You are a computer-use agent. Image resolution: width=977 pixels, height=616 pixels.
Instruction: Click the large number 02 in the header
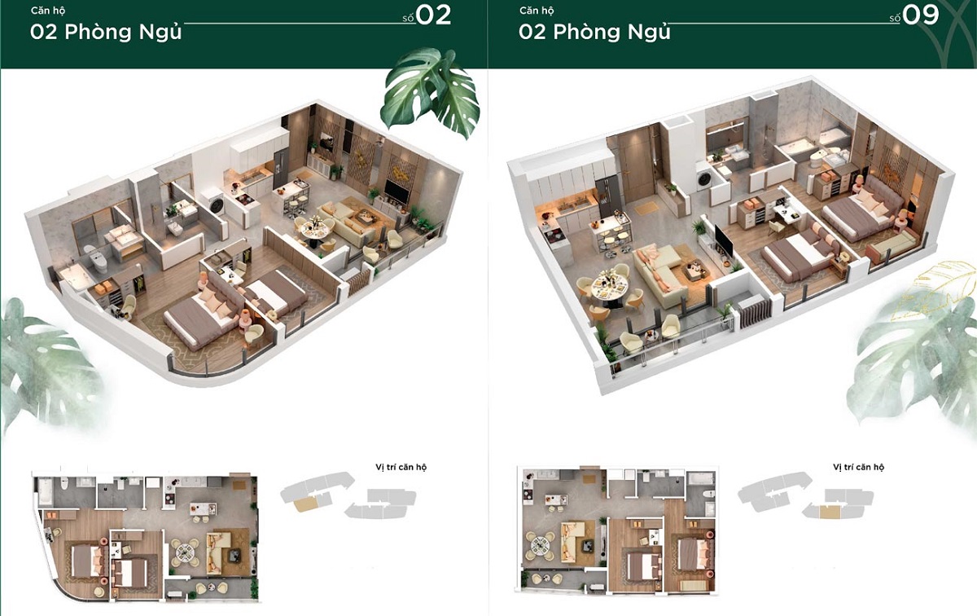433,15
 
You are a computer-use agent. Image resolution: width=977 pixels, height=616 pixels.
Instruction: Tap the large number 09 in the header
921,15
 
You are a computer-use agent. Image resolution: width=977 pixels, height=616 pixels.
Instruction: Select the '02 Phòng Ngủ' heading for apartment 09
594,33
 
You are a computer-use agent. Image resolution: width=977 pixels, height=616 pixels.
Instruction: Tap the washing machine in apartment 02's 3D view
213,200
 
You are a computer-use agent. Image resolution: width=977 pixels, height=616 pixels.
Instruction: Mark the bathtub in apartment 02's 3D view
77,277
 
